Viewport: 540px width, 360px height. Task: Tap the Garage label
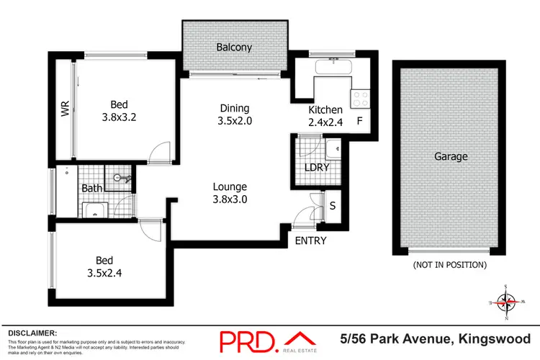[451, 156]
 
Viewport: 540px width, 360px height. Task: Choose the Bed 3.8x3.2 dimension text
[119, 114]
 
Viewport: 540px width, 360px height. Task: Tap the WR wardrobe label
[65, 110]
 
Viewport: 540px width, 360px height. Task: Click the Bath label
[91, 189]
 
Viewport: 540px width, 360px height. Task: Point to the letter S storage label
[333, 206]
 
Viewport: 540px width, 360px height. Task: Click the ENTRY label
[311, 241]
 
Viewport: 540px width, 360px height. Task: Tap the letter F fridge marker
[359, 121]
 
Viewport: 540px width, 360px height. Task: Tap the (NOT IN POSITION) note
[449, 265]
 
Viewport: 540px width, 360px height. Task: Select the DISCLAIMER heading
[32, 333]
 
